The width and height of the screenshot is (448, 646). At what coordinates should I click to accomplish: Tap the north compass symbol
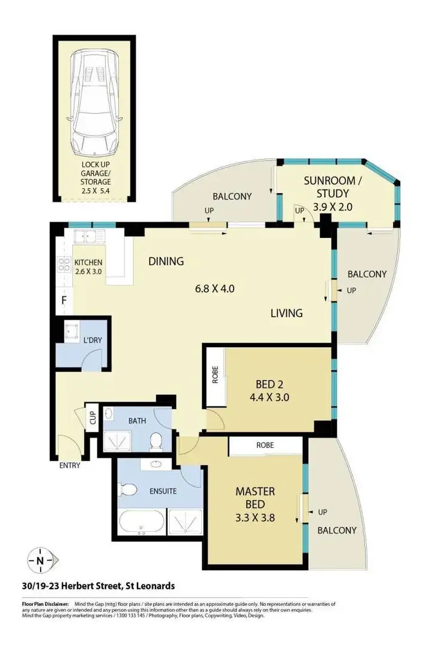(x=40, y=561)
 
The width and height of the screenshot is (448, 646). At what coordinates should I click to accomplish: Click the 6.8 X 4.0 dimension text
(x=214, y=289)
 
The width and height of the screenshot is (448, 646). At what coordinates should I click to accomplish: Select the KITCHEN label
(x=88, y=263)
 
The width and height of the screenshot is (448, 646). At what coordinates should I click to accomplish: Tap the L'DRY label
(x=92, y=340)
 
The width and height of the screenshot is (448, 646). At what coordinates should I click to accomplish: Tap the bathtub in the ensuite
(x=142, y=521)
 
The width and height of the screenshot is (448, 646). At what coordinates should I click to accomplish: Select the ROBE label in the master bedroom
(x=265, y=445)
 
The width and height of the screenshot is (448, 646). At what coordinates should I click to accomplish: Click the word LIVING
(x=286, y=313)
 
